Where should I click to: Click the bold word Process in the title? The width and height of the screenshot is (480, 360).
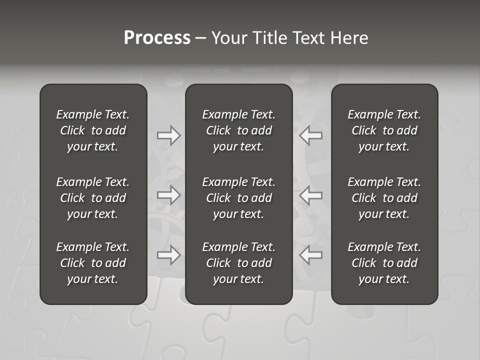(x=157, y=38)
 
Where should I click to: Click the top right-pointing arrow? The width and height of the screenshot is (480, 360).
(x=169, y=135)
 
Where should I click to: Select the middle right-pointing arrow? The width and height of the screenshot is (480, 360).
(x=169, y=195)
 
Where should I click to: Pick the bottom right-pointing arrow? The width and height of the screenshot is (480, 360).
(x=169, y=255)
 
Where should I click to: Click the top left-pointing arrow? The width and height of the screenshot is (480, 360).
(x=311, y=135)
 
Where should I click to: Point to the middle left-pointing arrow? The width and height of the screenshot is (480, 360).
(x=311, y=195)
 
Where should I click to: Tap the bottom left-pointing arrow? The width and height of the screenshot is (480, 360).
(x=311, y=255)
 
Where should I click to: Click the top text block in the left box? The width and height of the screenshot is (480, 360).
(x=93, y=130)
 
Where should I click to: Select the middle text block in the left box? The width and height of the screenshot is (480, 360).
(x=93, y=198)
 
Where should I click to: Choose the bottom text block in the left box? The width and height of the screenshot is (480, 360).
(x=93, y=263)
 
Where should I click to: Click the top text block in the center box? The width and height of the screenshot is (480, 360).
(x=239, y=130)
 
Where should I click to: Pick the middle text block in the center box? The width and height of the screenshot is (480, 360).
(x=239, y=198)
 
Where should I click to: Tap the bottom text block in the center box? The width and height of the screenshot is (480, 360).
(x=239, y=263)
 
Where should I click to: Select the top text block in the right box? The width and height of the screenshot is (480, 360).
(x=384, y=130)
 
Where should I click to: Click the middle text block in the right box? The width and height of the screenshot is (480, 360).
(x=384, y=198)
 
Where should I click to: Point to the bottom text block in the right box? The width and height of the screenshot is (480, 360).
(x=384, y=263)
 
